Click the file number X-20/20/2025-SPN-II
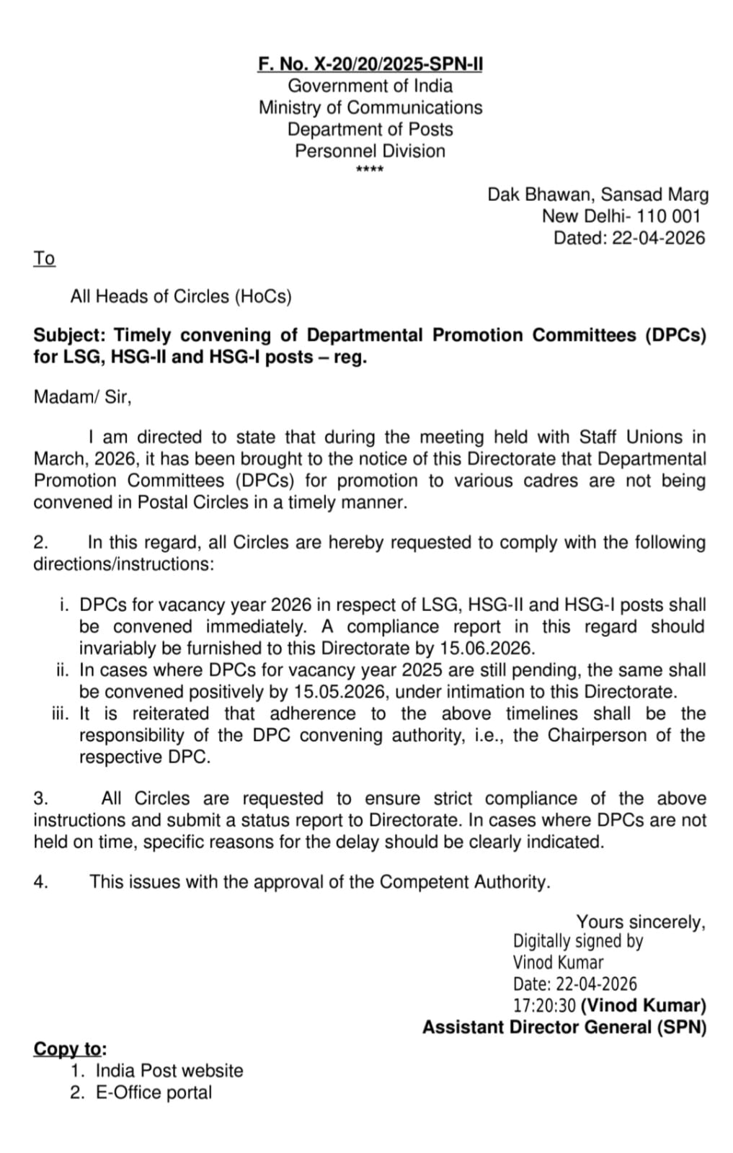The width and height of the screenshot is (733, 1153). (x=397, y=64)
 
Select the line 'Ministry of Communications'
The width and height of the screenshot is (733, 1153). (x=370, y=107)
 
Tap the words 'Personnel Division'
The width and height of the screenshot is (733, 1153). (x=370, y=151)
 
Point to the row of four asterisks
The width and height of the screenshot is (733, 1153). (x=370, y=169)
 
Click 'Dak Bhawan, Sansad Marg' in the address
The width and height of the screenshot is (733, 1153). (x=597, y=195)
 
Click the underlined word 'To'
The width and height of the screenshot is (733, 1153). (x=44, y=258)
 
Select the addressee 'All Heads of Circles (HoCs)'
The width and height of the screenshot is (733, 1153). (x=181, y=296)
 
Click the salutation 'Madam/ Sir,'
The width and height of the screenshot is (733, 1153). (x=82, y=396)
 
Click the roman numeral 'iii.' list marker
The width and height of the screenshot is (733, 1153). (x=61, y=714)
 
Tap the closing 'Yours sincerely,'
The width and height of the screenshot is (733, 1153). (x=640, y=922)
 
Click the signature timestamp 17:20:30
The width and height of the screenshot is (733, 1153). (x=543, y=1005)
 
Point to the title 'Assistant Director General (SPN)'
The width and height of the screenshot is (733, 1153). (x=564, y=1027)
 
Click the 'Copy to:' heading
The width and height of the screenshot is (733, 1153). (x=70, y=1049)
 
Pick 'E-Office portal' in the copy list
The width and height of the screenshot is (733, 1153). (x=154, y=1092)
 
